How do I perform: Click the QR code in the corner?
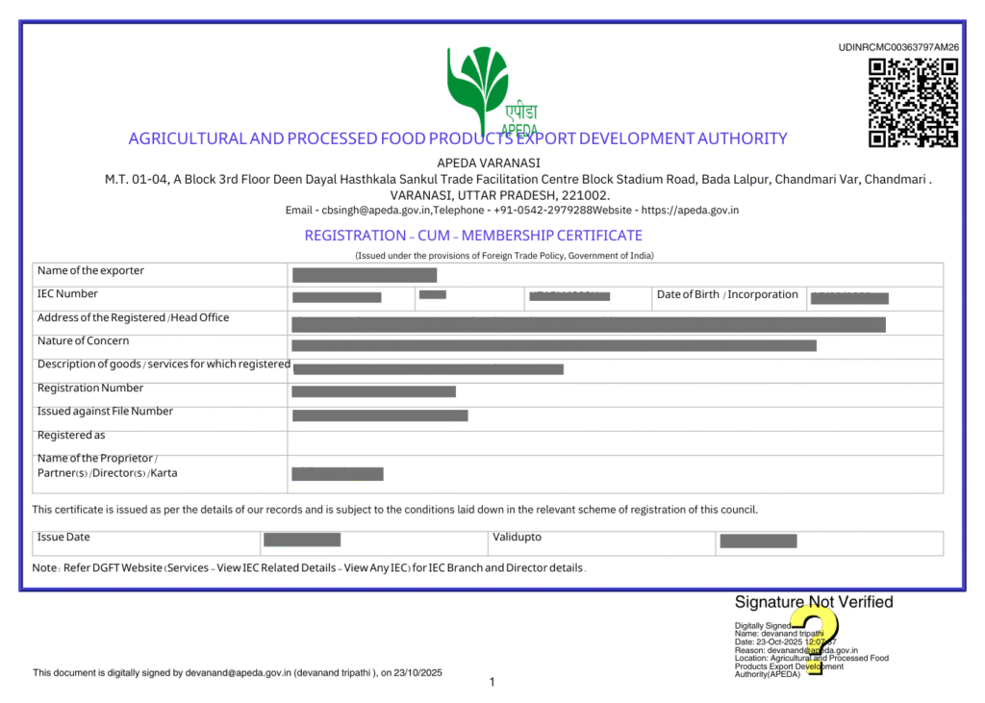click(x=913, y=102)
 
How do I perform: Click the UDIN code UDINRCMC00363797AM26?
click(x=898, y=47)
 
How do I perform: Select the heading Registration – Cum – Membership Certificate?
click(x=473, y=236)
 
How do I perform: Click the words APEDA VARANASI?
click(x=489, y=163)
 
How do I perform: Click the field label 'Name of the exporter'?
click(x=90, y=271)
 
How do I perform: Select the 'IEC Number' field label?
click(x=67, y=294)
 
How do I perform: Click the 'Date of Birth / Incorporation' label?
click(x=727, y=294)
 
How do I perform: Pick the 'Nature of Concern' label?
click(x=83, y=341)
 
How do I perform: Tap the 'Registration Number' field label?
click(x=90, y=389)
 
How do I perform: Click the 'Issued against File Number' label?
click(x=105, y=412)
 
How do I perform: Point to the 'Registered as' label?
click(x=71, y=436)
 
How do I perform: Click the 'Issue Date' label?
click(x=63, y=538)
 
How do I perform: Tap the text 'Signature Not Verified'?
click(x=814, y=602)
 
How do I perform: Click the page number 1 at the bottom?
click(x=492, y=682)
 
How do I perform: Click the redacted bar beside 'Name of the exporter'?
click(x=364, y=276)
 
